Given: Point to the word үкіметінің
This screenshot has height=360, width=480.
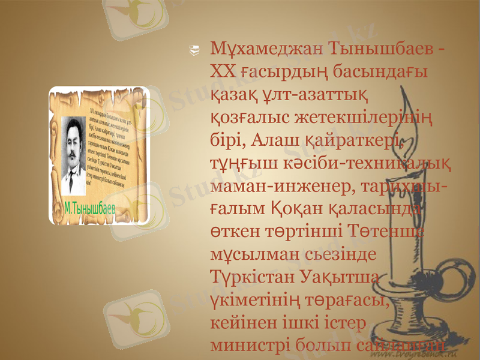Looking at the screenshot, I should [x=260, y=299].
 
